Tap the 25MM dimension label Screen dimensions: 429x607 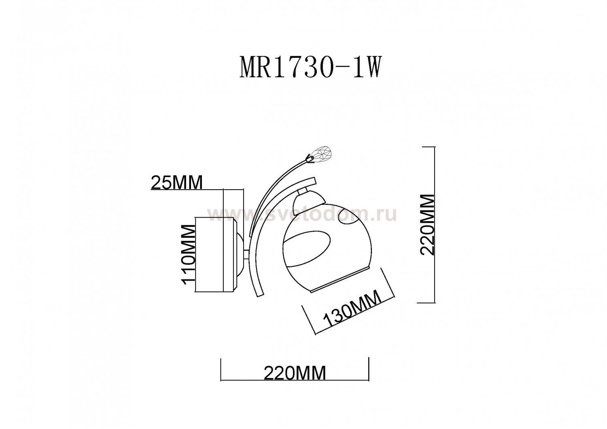176,182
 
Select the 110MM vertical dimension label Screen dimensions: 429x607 189,255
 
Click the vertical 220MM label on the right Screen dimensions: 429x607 427,224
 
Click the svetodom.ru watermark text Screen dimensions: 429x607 301,214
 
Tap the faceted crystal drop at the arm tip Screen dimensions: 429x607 321,154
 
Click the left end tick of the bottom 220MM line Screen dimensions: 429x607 221,369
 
